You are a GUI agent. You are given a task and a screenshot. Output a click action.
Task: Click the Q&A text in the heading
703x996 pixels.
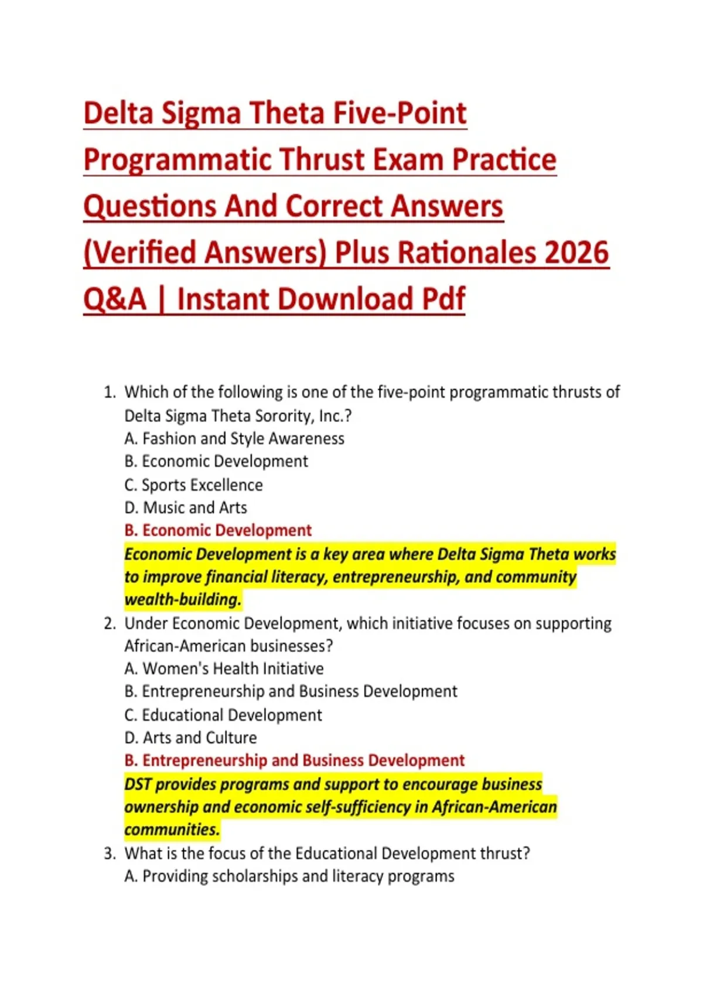(x=115, y=299)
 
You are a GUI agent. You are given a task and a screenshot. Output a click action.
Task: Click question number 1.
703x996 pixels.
(x=110, y=393)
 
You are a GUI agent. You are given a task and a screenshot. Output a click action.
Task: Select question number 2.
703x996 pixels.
(x=110, y=624)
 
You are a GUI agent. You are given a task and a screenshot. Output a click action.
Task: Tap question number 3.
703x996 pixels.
(x=110, y=853)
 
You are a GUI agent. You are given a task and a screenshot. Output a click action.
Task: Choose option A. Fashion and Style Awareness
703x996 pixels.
(x=234, y=439)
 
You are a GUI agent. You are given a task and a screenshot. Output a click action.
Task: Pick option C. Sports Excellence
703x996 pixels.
(x=193, y=485)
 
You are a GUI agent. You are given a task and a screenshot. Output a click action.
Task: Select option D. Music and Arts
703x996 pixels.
(x=186, y=508)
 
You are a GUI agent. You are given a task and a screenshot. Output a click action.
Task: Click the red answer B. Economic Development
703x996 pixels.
(x=218, y=530)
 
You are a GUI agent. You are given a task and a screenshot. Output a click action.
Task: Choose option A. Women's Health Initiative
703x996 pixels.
(x=224, y=668)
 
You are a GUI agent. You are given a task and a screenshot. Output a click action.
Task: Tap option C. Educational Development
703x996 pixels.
(x=223, y=715)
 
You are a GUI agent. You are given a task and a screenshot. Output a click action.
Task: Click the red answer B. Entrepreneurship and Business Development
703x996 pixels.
(x=294, y=761)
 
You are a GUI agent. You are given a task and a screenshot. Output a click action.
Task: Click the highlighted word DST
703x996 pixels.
(x=138, y=784)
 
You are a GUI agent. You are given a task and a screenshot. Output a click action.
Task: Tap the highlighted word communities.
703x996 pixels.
(x=172, y=830)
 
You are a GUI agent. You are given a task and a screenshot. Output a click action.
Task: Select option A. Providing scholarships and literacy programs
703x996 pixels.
(x=289, y=876)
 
